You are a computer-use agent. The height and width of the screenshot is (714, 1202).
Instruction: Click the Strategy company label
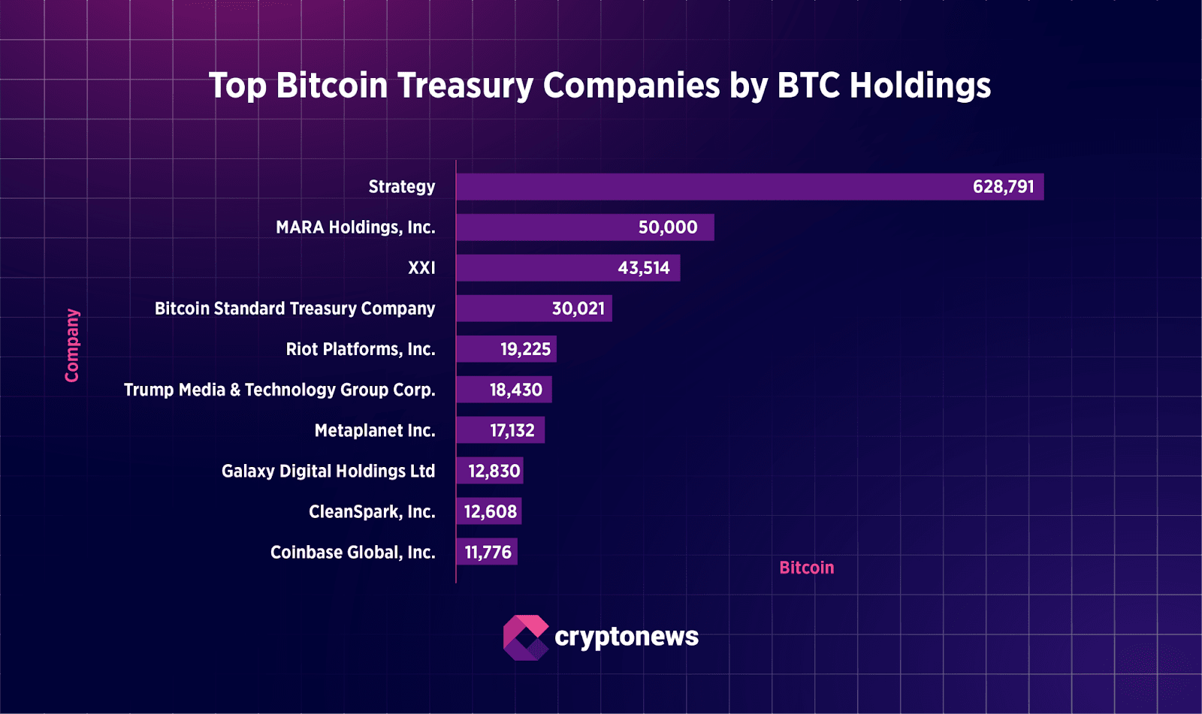[x=401, y=187]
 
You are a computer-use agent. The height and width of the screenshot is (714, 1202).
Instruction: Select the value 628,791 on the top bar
[x=1003, y=187]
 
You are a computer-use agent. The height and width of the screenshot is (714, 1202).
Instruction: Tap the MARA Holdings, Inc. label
[x=355, y=227]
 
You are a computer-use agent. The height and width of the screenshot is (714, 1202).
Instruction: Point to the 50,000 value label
[x=667, y=227]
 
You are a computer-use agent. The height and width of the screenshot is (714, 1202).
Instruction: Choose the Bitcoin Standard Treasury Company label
[x=294, y=309]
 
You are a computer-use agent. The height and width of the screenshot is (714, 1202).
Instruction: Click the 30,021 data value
[x=578, y=309]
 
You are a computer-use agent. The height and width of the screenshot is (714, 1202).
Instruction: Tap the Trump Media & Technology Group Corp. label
[x=279, y=390]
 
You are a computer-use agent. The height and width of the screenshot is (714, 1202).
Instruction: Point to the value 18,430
[x=515, y=390]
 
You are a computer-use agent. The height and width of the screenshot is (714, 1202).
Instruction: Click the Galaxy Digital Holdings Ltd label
[x=328, y=471]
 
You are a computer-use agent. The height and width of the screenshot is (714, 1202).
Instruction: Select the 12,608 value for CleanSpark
[x=490, y=511]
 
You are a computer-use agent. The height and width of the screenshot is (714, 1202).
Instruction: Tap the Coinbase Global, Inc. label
[x=352, y=552]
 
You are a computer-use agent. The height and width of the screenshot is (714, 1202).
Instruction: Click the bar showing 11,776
[x=487, y=552]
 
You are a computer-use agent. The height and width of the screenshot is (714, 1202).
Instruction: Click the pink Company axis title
[x=72, y=345]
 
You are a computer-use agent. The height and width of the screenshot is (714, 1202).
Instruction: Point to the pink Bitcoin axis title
[x=806, y=568]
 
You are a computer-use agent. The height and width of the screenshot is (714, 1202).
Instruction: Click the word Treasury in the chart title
[x=465, y=86]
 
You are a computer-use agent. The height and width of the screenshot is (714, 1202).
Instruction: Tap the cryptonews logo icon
[x=525, y=637]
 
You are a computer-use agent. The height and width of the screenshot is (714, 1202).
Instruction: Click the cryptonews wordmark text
[x=626, y=637]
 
